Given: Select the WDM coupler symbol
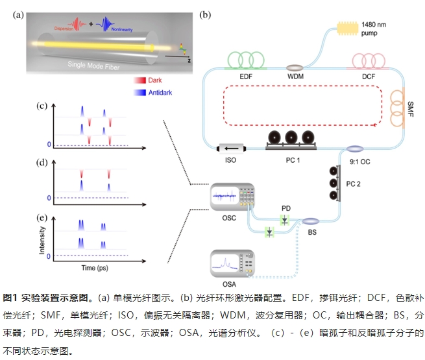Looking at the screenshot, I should pyautogui.click(x=296, y=67).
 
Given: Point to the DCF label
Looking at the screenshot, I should pyautogui.click(x=367, y=77).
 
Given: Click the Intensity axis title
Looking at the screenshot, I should pyautogui.click(x=42, y=239).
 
